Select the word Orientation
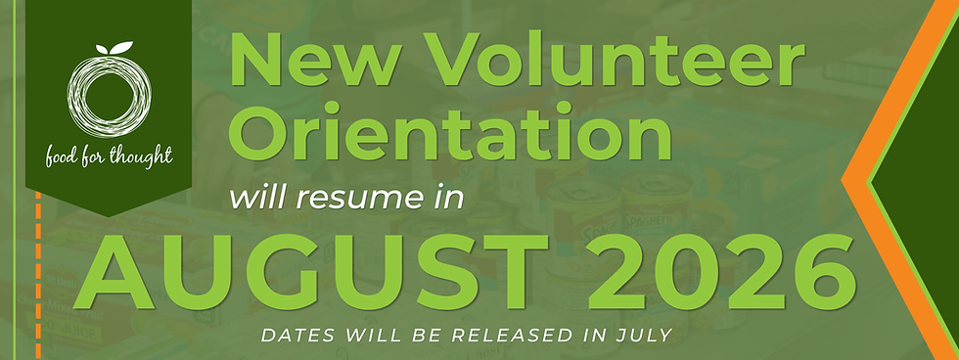[x=449, y=134]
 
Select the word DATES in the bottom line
[x=293, y=336]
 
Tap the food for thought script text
[x=109, y=155]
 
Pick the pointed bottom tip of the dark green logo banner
[x=109, y=215]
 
